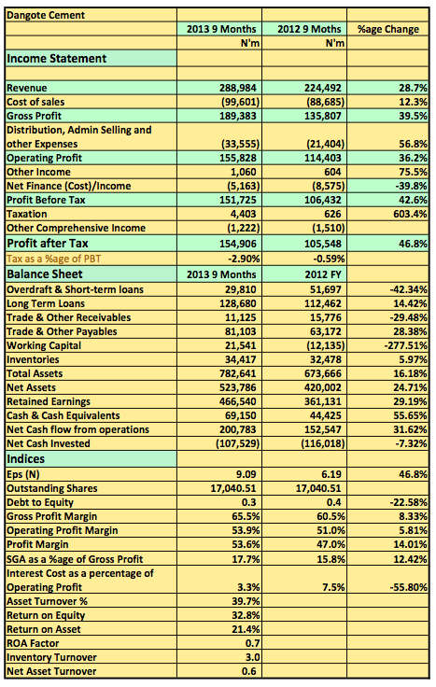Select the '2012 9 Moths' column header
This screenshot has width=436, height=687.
[309, 29]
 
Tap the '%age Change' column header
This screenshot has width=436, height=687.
[388, 29]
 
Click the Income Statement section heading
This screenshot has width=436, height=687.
[57, 59]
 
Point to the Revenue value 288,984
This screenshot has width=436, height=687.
[238, 88]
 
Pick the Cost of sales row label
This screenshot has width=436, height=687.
[35, 102]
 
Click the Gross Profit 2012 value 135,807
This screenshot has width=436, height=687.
[323, 116]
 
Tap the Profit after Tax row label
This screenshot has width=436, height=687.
[48, 244]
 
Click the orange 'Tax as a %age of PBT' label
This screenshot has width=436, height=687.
[53, 259]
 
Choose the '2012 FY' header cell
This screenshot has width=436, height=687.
[323, 274]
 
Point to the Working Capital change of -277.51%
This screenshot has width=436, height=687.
[406, 345]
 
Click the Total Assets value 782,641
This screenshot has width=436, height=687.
[238, 373]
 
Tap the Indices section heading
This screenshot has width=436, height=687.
[25, 459]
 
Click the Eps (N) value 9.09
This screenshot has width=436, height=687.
[246, 474]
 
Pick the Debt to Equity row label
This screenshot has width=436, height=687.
[40, 502]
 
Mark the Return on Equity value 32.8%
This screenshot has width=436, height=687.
[246, 615]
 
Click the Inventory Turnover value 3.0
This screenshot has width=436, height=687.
[252, 658]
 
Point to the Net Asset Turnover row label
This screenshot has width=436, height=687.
[51, 672]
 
